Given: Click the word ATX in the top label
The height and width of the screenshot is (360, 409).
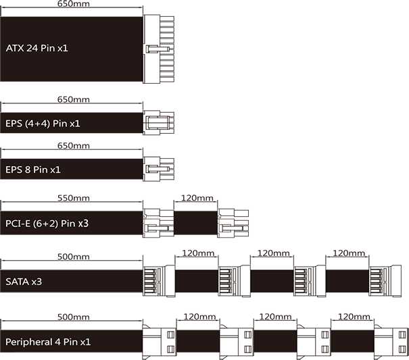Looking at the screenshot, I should pos(15,49).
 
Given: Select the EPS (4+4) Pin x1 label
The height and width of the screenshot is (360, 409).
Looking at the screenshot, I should pos(43,124).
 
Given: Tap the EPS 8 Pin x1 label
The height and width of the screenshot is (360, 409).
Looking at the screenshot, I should pos(33,169).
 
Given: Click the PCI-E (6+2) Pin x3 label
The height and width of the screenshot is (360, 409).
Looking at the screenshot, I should pos(47,222).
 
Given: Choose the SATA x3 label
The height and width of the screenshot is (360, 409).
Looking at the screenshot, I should pos(24,281).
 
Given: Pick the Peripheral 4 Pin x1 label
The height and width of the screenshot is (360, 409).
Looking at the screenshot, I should pos(48,342).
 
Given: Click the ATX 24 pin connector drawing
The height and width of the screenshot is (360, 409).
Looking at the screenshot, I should pos(159,49).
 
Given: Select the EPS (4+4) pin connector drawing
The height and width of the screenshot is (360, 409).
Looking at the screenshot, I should pos(159,123).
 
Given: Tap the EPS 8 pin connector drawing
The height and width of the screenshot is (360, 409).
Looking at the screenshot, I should pos(159,169).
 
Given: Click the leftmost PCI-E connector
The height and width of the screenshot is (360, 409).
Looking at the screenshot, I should pos(159,222).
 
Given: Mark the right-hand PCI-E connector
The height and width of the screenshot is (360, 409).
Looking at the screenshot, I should pos(233,222).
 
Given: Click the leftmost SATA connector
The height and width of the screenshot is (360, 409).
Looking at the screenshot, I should pos(159,281).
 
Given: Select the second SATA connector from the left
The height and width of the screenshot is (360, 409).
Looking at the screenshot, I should pos(233,281).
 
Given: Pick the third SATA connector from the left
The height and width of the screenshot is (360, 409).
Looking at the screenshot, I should pos(310,281).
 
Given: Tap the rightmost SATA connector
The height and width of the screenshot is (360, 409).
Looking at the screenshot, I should pos(386,281).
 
